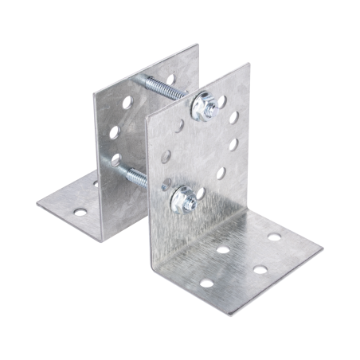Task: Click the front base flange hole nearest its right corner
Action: [276, 238]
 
